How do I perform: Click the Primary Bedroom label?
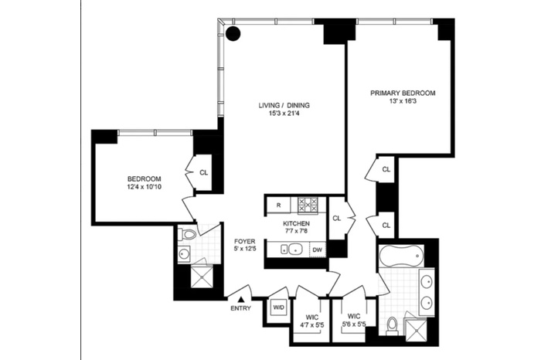pyautogui.click(x=403, y=93)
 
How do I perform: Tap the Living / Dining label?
pyautogui.click(x=284, y=105)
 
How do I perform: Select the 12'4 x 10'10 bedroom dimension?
pyautogui.click(x=145, y=187)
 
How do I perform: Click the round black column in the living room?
pyautogui.click(x=233, y=33)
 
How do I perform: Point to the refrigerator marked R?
pyautogui.click(x=278, y=205)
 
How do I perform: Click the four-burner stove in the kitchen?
pyautogui.click(x=308, y=205)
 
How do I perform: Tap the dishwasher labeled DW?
pyautogui.click(x=317, y=250)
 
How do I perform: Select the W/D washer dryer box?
pyautogui.click(x=278, y=307)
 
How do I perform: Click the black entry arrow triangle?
pyautogui.click(x=241, y=300)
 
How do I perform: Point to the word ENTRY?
pyautogui.click(x=241, y=308)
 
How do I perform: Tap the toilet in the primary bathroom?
pyautogui.click(x=392, y=325)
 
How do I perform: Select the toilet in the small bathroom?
pyautogui.click(x=187, y=234)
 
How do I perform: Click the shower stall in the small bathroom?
pyautogui.click(x=202, y=277)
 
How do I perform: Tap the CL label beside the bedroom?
pyautogui.click(x=204, y=172)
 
